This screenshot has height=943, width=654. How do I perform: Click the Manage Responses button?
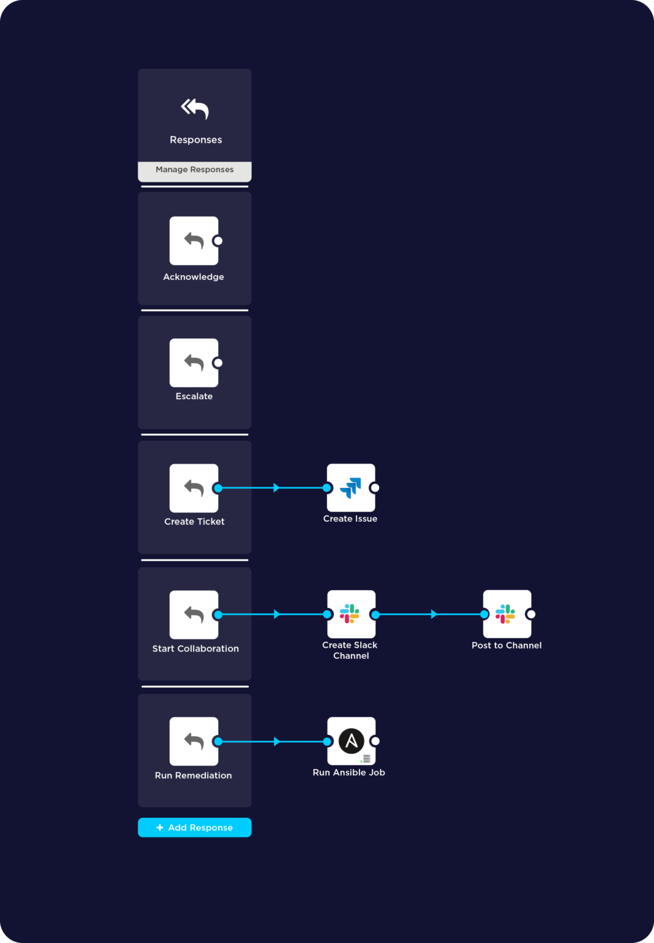tap(194, 170)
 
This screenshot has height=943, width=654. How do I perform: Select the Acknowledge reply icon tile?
tap(194, 241)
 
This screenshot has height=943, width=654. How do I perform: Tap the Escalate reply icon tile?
tap(194, 363)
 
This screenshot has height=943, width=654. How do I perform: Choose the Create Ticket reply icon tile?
tap(194, 488)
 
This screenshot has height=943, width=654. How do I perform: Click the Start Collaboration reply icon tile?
tap(194, 615)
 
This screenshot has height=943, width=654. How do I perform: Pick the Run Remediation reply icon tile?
tap(194, 741)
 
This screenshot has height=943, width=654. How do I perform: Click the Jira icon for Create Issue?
tap(350, 488)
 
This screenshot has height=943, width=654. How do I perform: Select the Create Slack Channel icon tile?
tap(350, 614)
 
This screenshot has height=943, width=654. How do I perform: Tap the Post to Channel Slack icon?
tap(506, 614)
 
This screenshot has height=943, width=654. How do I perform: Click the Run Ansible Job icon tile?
tap(351, 741)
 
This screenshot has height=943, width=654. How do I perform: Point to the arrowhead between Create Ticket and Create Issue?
tap(277, 488)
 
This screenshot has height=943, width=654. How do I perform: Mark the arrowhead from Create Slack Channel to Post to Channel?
tap(434, 614)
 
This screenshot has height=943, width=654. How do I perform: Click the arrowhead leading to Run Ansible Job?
tap(277, 742)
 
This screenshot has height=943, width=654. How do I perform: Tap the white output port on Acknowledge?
tap(218, 241)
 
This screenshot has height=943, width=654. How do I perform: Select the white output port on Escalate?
tap(218, 363)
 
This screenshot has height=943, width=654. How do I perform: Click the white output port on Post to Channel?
tap(531, 614)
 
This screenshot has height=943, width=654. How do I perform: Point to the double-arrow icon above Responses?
tap(195, 109)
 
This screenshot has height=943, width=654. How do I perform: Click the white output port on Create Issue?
tap(375, 488)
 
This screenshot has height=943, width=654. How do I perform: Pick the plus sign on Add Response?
tap(160, 828)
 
